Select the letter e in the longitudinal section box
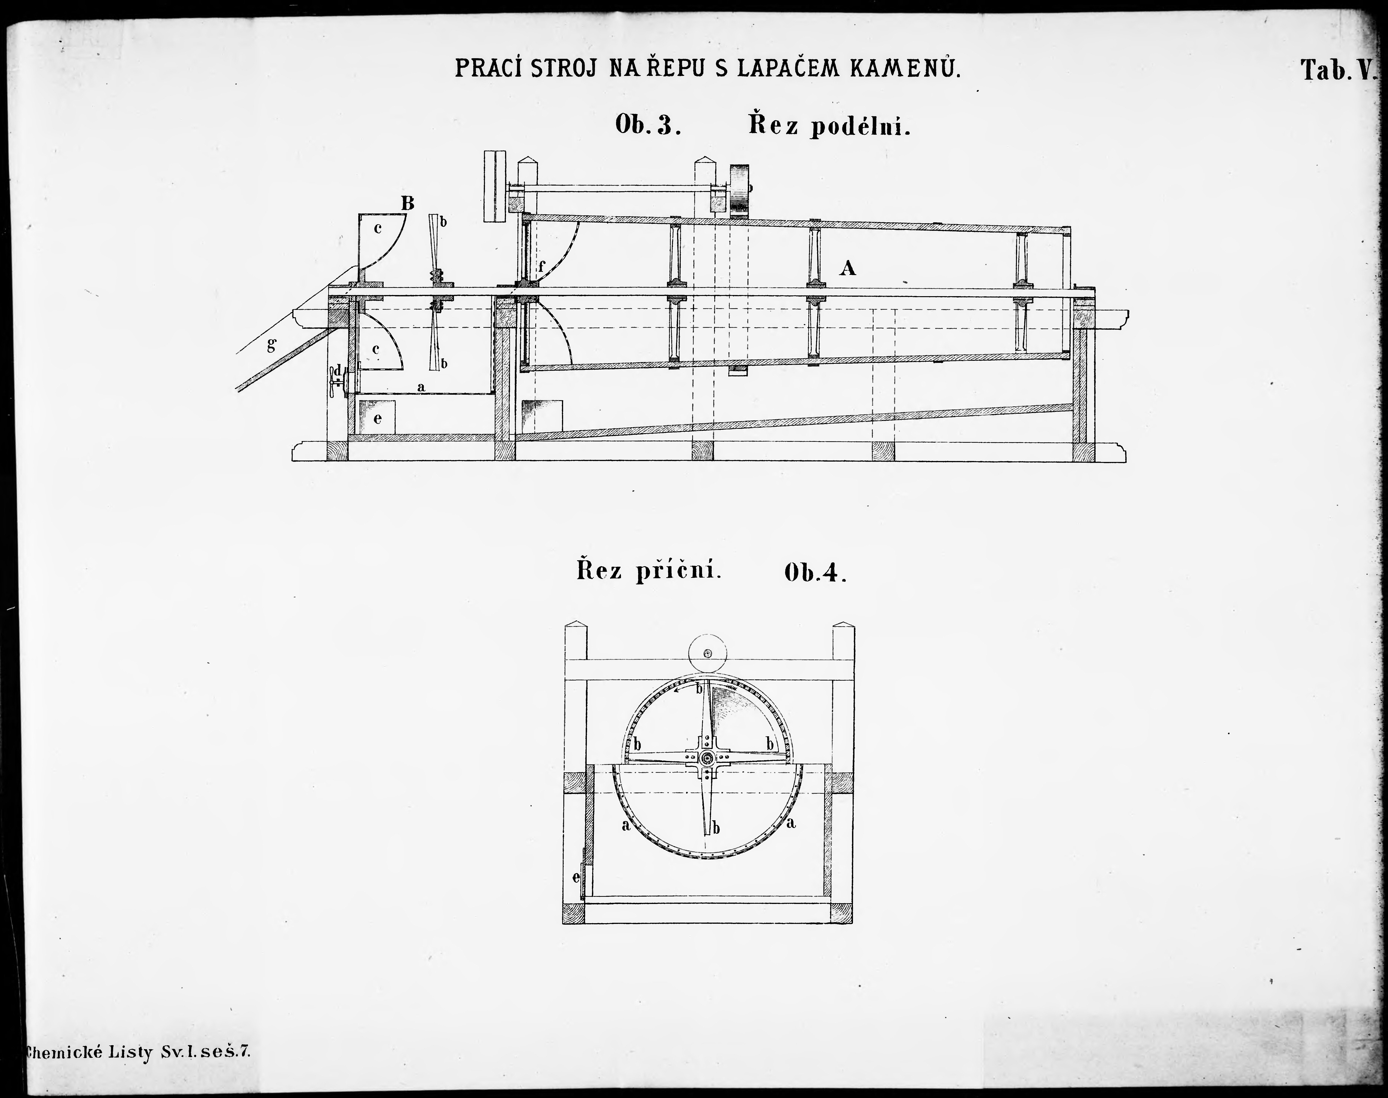tap(378, 418)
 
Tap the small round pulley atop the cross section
tap(707, 654)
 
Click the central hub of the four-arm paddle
tap(707, 759)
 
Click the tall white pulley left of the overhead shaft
tap(495, 187)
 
